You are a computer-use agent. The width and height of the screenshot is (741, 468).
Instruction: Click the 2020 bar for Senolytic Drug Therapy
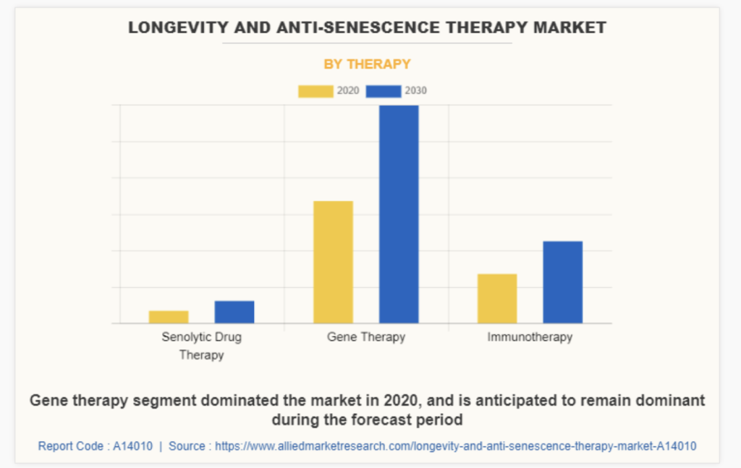[169, 317]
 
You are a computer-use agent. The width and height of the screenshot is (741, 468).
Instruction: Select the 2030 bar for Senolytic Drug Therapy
[234, 312]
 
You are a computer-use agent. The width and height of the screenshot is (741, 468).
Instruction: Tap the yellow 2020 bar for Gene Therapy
[333, 262]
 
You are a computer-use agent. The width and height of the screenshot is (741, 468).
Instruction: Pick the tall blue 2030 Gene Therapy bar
[399, 214]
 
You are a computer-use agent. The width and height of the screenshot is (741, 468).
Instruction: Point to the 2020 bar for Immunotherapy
[497, 298]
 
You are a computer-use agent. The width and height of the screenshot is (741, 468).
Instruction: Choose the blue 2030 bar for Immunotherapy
[563, 282]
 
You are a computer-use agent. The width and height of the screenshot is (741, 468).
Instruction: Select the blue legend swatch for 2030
[383, 91]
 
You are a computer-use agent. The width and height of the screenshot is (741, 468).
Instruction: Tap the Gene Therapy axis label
[366, 337]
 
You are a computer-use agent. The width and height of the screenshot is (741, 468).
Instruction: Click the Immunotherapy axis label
[530, 337]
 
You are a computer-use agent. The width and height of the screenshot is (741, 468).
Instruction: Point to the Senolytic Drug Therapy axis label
[202, 346]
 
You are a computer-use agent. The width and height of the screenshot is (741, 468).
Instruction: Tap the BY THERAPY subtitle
[367, 64]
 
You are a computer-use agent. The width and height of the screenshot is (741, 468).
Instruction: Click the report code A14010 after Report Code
[132, 446]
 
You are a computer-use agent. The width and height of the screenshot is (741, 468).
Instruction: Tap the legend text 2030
[415, 91]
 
